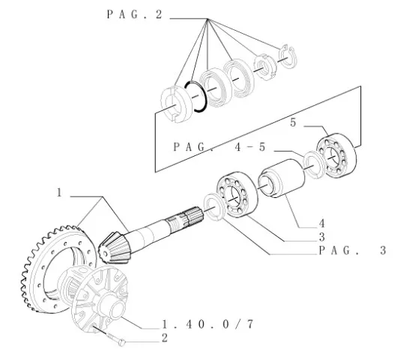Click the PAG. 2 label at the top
tap(134, 14)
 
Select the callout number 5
tap(293, 122)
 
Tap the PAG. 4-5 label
tap(219, 147)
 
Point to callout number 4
tap(321, 223)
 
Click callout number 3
tap(322, 237)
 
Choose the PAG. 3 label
tap(353, 250)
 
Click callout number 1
tap(59, 193)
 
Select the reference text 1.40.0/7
tap(208, 324)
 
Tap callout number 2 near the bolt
tap(165, 338)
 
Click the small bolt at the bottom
tap(116, 339)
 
